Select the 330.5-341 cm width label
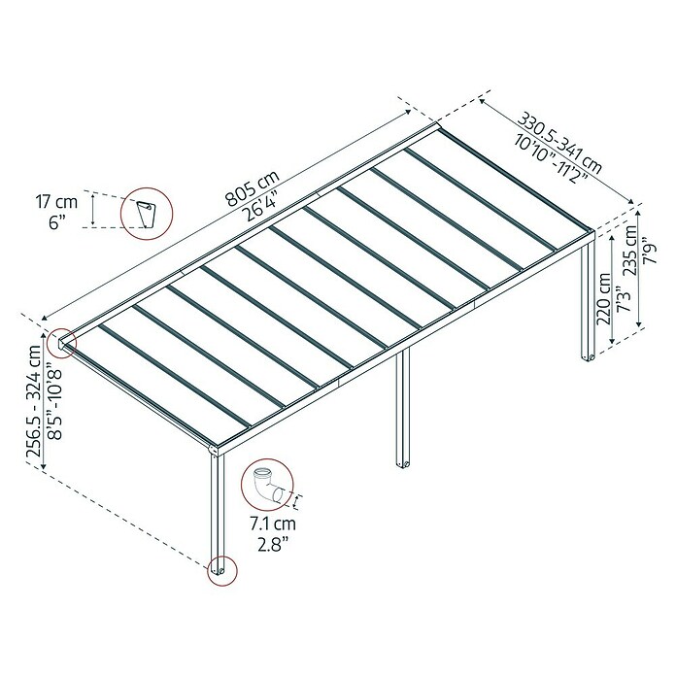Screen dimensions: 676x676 (x=559, y=143)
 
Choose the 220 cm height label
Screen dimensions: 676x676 (x=603, y=299)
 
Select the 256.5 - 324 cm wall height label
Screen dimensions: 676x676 (x=34, y=401)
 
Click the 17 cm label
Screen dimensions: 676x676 (x=56, y=202)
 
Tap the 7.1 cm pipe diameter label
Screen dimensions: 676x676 (x=273, y=524)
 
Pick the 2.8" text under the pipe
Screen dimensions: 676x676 (x=273, y=545)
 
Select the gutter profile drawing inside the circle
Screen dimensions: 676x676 (x=146, y=214)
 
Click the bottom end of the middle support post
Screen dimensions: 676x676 (x=403, y=464)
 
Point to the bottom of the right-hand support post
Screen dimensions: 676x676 (x=588, y=357)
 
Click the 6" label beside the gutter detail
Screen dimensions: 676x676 (x=56, y=222)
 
